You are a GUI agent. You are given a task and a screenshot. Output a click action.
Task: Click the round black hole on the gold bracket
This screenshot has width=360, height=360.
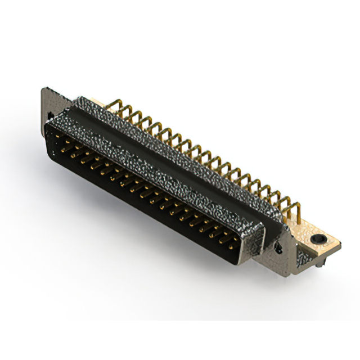pyautogui.click(x=320, y=239)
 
